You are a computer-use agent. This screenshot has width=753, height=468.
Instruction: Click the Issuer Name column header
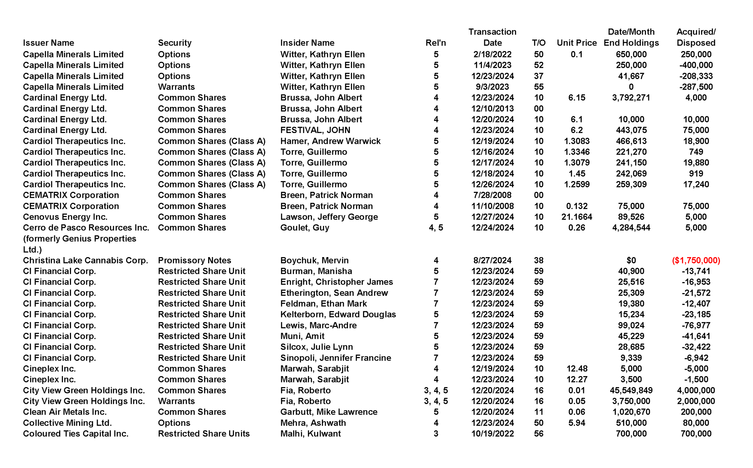point(49,43)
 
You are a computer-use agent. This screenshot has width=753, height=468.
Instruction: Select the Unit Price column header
point(577,43)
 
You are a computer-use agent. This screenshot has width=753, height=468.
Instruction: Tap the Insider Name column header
point(307,43)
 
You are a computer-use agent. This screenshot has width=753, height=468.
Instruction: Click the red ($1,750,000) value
point(696,260)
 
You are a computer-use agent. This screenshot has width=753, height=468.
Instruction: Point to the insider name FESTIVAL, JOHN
point(315,130)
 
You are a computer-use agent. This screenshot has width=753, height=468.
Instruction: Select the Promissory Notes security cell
point(194,260)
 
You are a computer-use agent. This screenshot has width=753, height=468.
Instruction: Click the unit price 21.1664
point(577,217)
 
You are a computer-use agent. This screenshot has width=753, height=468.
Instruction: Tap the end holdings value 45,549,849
point(631,390)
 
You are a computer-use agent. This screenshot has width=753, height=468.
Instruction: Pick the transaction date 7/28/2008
point(492,195)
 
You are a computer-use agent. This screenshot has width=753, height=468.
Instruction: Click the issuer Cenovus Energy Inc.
point(65,217)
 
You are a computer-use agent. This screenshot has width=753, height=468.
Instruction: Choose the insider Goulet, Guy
point(305,228)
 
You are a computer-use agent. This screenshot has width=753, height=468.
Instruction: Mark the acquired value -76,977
point(696,325)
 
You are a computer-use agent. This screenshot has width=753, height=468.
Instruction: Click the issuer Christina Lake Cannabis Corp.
point(85,260)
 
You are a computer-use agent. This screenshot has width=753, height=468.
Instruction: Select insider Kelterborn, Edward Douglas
point(338,315)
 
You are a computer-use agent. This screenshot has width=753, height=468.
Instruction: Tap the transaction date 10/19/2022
point(492,434)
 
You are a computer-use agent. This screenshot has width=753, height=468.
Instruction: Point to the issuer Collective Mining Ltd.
point(67,423)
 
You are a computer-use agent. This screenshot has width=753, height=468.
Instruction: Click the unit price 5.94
point(577,423)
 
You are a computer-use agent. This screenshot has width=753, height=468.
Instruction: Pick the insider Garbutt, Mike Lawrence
point(329,412)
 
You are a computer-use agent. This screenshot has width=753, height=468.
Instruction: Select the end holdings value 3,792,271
point(631,98)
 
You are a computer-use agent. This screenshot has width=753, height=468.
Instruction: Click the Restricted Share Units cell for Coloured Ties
point(204,434)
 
